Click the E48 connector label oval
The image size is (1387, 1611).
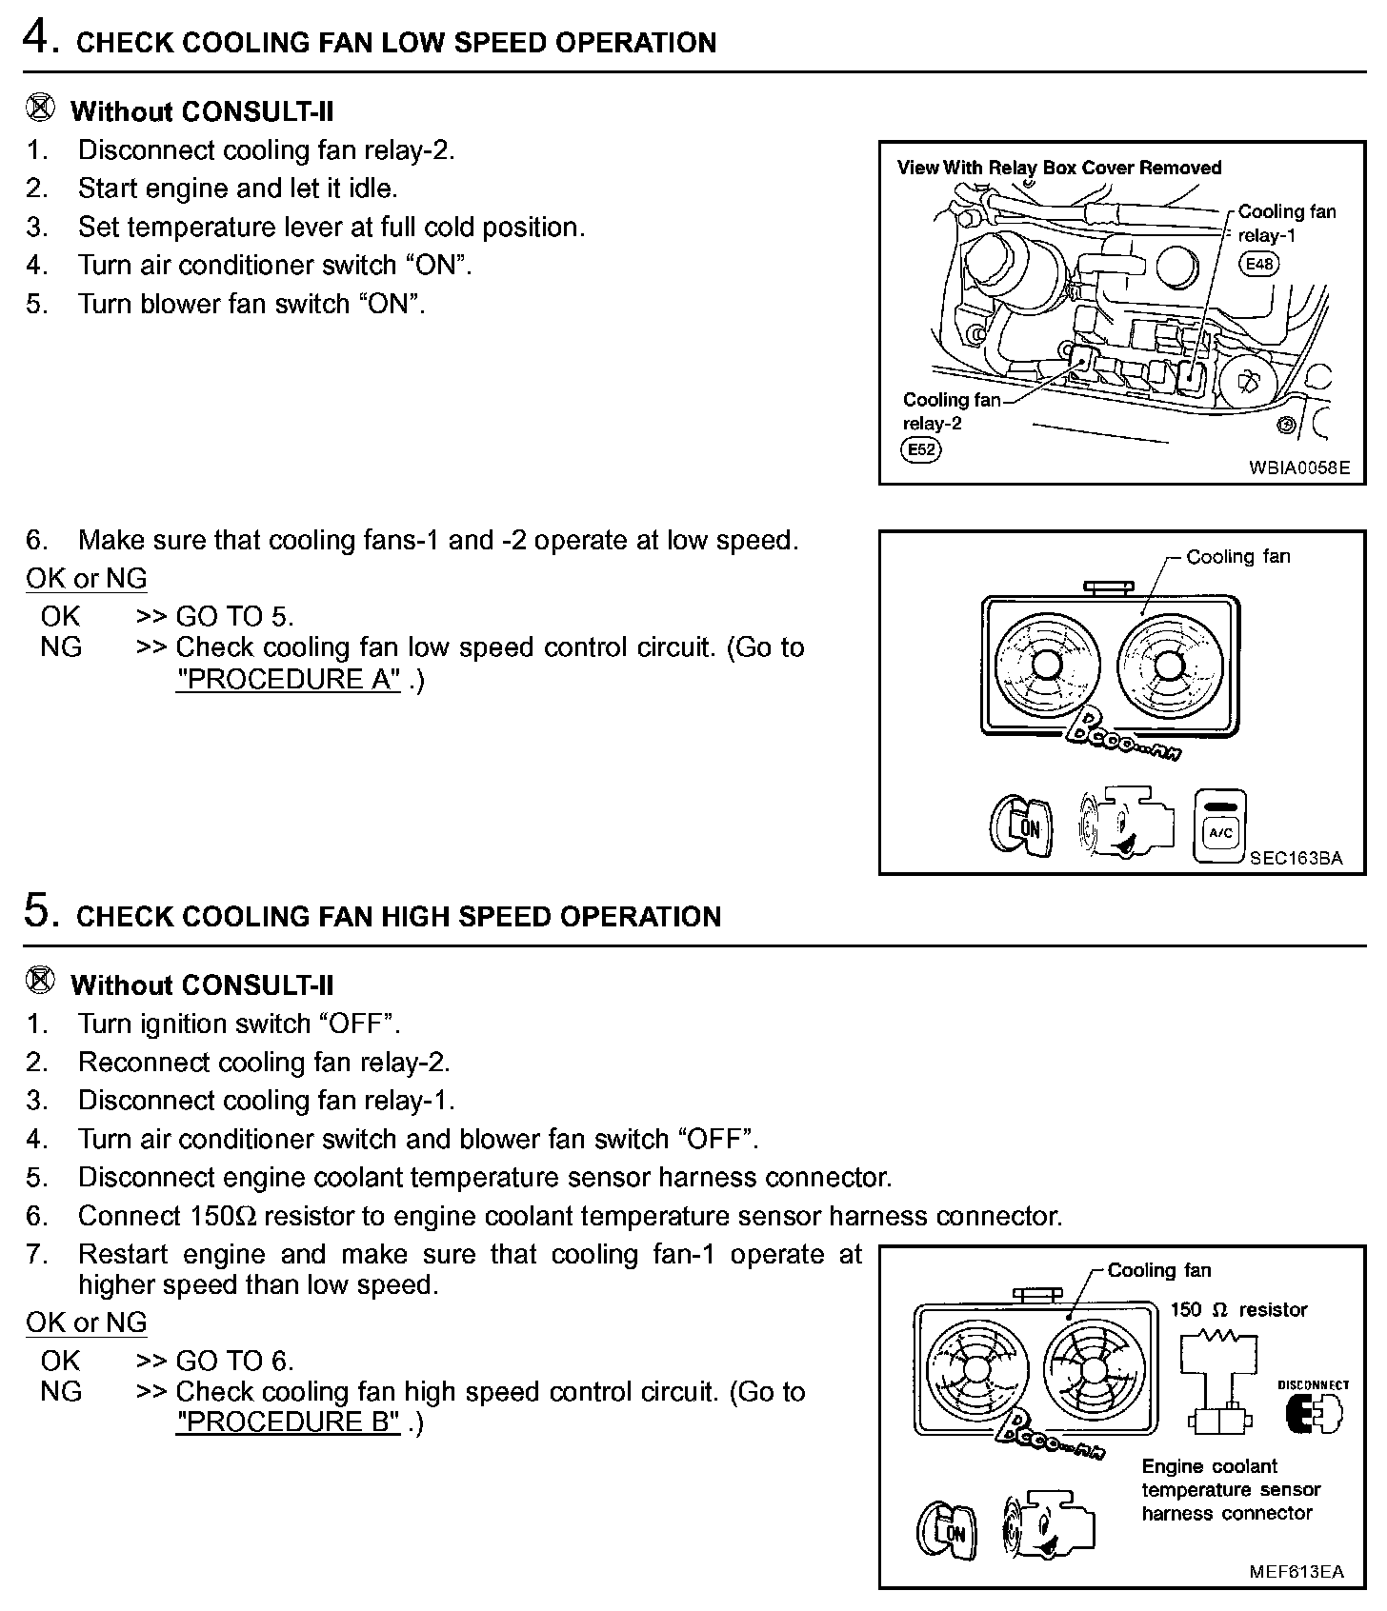point(1258,264)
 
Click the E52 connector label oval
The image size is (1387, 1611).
point(920,449)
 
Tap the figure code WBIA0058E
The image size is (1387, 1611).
point(1299,467)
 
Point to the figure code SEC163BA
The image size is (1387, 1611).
point(1296,858)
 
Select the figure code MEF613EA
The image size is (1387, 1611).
point(1297,1571)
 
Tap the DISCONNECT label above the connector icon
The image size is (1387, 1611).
point(1314,1384)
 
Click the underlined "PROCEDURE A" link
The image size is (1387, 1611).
point(288,679)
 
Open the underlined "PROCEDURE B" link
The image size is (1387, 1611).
point(288,1422)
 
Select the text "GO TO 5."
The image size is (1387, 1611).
point(234,616)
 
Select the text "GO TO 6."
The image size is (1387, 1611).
point(234,1361)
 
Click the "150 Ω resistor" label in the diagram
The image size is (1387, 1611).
point(1238,1309)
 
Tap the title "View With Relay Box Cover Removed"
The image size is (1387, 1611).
point(1058,168)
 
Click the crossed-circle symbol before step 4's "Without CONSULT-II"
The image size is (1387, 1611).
point(39,109)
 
